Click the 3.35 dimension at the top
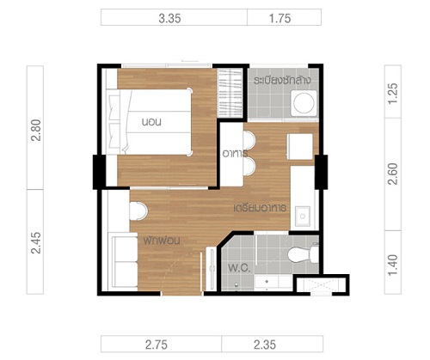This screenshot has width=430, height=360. click(169, 19)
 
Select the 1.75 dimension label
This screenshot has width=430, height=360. click(279, 19)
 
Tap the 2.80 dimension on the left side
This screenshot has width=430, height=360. click(36, 131)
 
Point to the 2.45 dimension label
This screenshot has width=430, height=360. click(36, 243)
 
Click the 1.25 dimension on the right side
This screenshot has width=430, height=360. click(393, 94)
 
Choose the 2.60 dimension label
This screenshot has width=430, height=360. click(393, 174)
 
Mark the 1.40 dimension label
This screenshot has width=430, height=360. click(393, 265)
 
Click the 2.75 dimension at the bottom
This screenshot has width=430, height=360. click(157, 345)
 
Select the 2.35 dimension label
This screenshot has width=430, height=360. click(265, 345)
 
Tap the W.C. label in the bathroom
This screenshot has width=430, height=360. click(239, 268)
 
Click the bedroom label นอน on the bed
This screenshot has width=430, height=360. click(151, 122)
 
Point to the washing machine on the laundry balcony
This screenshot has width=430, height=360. click(304, 103)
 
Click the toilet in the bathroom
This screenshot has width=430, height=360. click(303, 254)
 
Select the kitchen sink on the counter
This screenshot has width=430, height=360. click(303, 217)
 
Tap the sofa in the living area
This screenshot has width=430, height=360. click(124, 261)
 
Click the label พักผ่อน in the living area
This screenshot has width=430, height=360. click(162, 240)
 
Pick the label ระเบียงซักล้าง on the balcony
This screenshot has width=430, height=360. click(282, 81)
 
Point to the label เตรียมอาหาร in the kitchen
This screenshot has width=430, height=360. click(260, 208)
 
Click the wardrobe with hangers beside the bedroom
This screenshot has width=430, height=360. click(230, 93)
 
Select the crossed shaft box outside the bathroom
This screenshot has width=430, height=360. click(322, 285)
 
